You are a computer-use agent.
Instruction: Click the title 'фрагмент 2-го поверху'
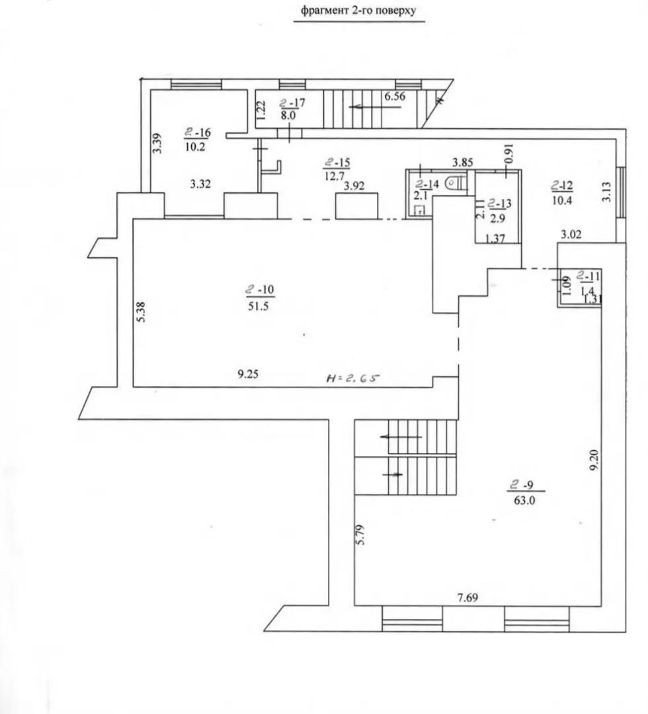358,11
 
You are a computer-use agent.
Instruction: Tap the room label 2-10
260,289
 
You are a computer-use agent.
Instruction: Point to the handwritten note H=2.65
353,377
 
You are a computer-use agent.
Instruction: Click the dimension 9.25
248,374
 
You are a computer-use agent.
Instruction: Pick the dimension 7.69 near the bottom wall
467,598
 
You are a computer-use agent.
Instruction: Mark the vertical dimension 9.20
593,460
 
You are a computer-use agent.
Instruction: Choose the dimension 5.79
360,535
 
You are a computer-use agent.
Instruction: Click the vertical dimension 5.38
141,312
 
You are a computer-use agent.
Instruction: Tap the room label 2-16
198,132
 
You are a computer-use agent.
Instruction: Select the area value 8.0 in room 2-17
288,115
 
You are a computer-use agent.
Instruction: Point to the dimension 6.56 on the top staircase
395,96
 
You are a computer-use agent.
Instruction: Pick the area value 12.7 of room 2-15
334,176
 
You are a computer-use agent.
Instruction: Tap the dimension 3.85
462,162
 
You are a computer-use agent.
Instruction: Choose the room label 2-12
562,185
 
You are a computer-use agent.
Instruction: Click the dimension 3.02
571,235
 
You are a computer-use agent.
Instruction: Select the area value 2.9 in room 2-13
498,218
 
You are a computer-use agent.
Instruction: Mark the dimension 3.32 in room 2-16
200,184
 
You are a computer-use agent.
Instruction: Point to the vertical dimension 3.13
606,192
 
